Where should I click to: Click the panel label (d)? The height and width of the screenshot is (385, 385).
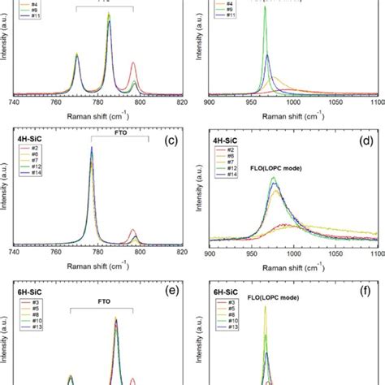(367, 142)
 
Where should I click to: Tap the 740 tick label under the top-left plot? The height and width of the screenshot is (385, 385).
(14, 102)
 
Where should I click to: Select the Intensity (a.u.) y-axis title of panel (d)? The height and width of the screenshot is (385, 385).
(196, 191)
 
